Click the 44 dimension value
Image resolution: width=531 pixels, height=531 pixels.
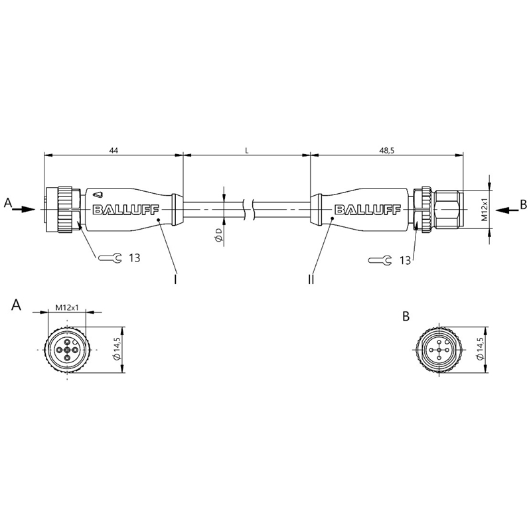[x=113, y=151]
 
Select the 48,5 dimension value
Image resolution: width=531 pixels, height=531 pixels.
[x=386, y=151]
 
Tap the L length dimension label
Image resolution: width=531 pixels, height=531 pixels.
[x=247, y=151]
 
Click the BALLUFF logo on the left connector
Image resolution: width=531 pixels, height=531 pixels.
[x=126, y=210]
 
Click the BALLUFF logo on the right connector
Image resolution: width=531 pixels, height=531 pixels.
[x=368, y=210]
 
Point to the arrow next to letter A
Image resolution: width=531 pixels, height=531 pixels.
[x=23, y=209]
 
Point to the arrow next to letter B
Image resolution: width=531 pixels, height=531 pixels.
[x=507, y=210]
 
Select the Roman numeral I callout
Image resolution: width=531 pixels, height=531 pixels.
[x=175, y=279]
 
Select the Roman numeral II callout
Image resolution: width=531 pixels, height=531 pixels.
[x=311, y=279]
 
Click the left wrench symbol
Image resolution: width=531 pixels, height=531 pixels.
[x=110, y=258]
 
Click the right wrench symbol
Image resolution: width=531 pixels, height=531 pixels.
[x=380, y=260]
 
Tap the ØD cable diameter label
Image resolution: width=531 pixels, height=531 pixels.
[x=219, y=235]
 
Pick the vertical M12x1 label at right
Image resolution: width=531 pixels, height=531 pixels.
[x=485, y=209]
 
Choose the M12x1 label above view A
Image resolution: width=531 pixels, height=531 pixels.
[x=67, y=308]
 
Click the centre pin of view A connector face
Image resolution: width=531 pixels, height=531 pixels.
[x=67, y=350]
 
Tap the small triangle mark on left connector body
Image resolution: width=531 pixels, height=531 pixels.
[x=98, y=194]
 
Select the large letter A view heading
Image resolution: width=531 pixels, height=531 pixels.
[x=16, y=305]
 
